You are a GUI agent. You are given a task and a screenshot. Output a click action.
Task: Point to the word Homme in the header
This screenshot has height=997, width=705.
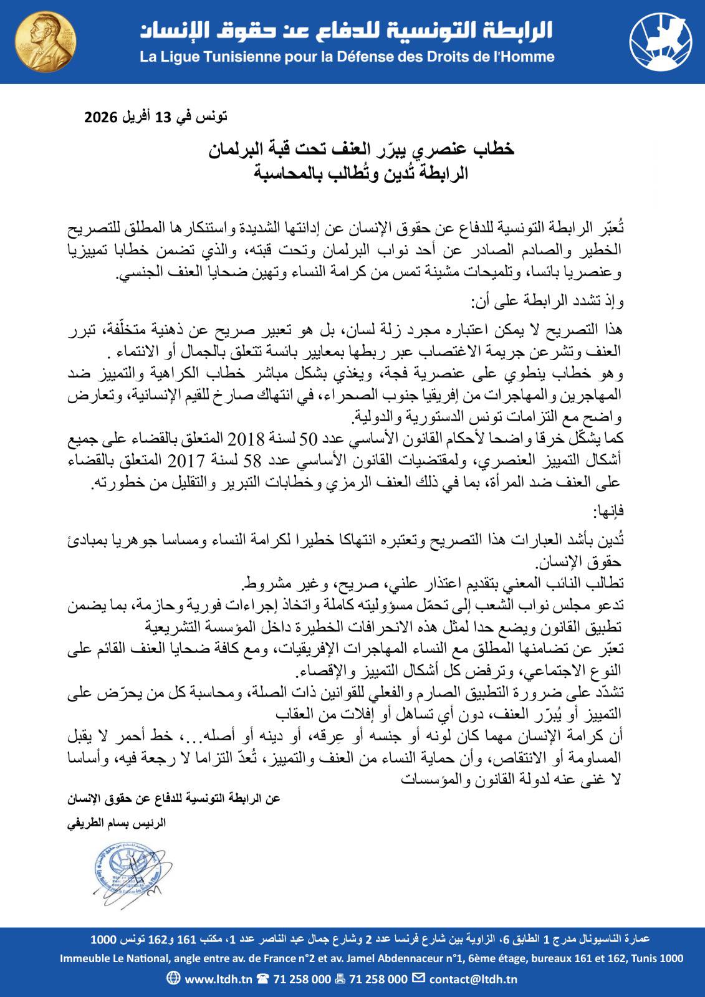point(529,57)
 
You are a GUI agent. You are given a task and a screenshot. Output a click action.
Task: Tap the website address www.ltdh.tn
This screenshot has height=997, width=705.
point(218,979)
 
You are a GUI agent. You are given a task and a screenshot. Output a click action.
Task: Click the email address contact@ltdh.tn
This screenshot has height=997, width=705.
point(474,979)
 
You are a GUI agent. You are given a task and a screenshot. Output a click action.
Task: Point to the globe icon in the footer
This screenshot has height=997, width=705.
point(174,978)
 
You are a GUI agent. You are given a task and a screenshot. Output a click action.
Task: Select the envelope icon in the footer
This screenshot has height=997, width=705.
point(420,978)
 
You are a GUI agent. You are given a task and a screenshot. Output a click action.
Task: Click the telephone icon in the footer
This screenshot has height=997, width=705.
point(262,979)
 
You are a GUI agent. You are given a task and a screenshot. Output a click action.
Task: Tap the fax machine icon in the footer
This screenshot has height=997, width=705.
point(340,979)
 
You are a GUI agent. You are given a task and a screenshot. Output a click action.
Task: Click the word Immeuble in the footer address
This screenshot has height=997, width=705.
point(85,959)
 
